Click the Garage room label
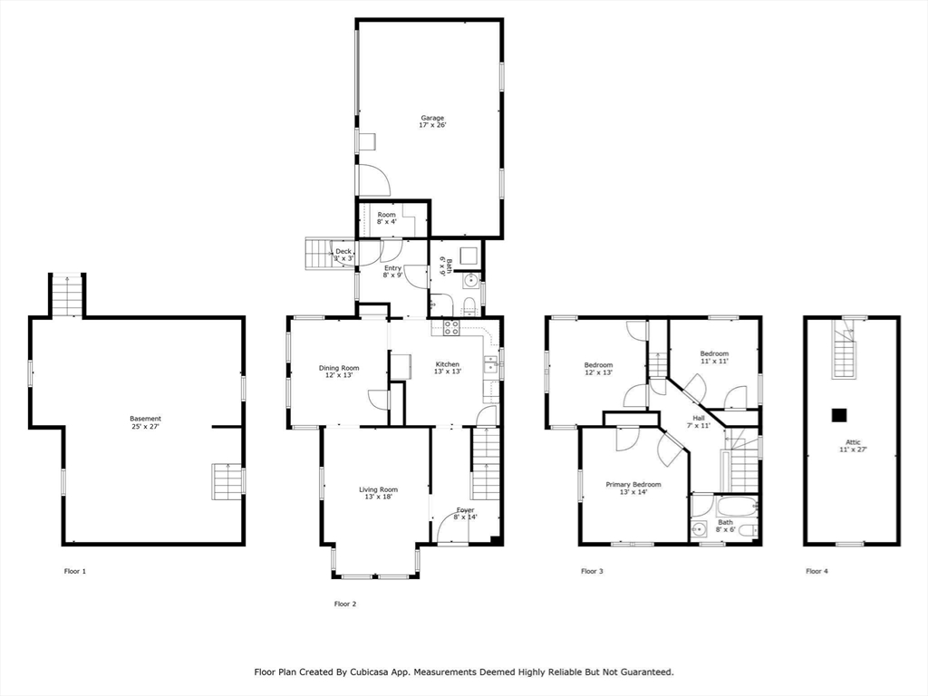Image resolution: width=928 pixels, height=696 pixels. click(432, 121)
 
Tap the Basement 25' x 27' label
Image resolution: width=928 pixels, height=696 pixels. click(145, 422)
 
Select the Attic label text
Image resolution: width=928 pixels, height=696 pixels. click(853, 445)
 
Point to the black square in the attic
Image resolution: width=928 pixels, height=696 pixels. click(840, 414)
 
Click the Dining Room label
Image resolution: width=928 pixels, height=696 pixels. click(339, 372)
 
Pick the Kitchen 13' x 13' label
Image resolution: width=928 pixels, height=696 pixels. click(449, 368)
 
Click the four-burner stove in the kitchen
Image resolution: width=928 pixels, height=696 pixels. click(451, 328)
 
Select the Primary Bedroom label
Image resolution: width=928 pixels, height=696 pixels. click(633, 488)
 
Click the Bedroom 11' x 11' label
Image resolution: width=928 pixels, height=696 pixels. click(713, 357)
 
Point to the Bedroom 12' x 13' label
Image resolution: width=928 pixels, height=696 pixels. click(598, 369)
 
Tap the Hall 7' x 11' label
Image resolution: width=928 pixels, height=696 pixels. click(698, 421)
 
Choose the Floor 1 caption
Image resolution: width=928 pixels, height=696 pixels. click(75, 572)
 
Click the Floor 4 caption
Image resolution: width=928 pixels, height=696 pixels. click(817, 572)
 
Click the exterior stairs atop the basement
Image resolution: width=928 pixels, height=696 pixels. click(67, 295)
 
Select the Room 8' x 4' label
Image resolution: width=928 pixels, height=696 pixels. click(387, 218)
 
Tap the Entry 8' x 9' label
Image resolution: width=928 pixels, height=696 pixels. click(392, 272)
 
